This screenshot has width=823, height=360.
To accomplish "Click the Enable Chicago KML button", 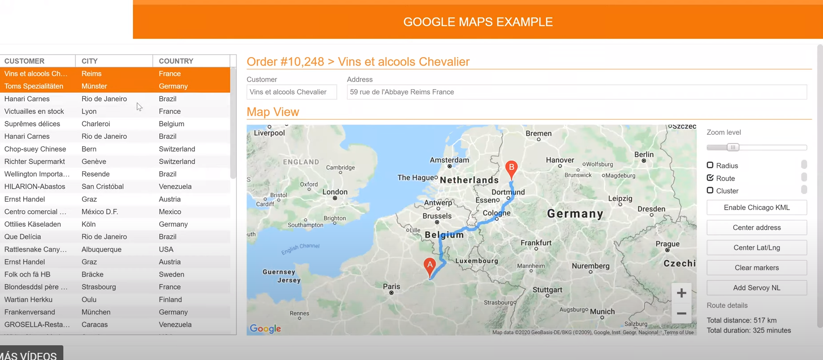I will [x=757, y=207].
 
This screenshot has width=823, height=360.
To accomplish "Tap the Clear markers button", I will [x=757, y=268].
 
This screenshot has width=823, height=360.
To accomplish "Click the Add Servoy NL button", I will [x=757, y=288].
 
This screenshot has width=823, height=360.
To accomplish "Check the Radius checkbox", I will [x=710, y=165].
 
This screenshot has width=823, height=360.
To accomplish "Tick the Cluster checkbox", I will [x=710, y=190].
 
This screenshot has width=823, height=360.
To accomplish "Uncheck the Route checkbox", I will [x=710, y=178].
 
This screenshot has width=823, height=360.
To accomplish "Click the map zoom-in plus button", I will [x=681, y=293].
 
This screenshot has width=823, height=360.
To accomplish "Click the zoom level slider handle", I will [x=733, y=147].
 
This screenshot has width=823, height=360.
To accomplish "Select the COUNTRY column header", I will [x=176, y=61].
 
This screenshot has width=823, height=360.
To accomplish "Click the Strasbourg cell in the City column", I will [x=99, y=287].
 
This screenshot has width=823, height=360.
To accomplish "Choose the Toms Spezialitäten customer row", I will [x=34, y=86].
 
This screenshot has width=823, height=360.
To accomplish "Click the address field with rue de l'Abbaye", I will [x=576, y=92].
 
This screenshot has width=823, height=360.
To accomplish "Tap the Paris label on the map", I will [x=391, y=287].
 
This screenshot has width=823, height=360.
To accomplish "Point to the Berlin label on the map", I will [x=644, y=154].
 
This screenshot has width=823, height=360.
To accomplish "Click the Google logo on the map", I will [x=265, y=329].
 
